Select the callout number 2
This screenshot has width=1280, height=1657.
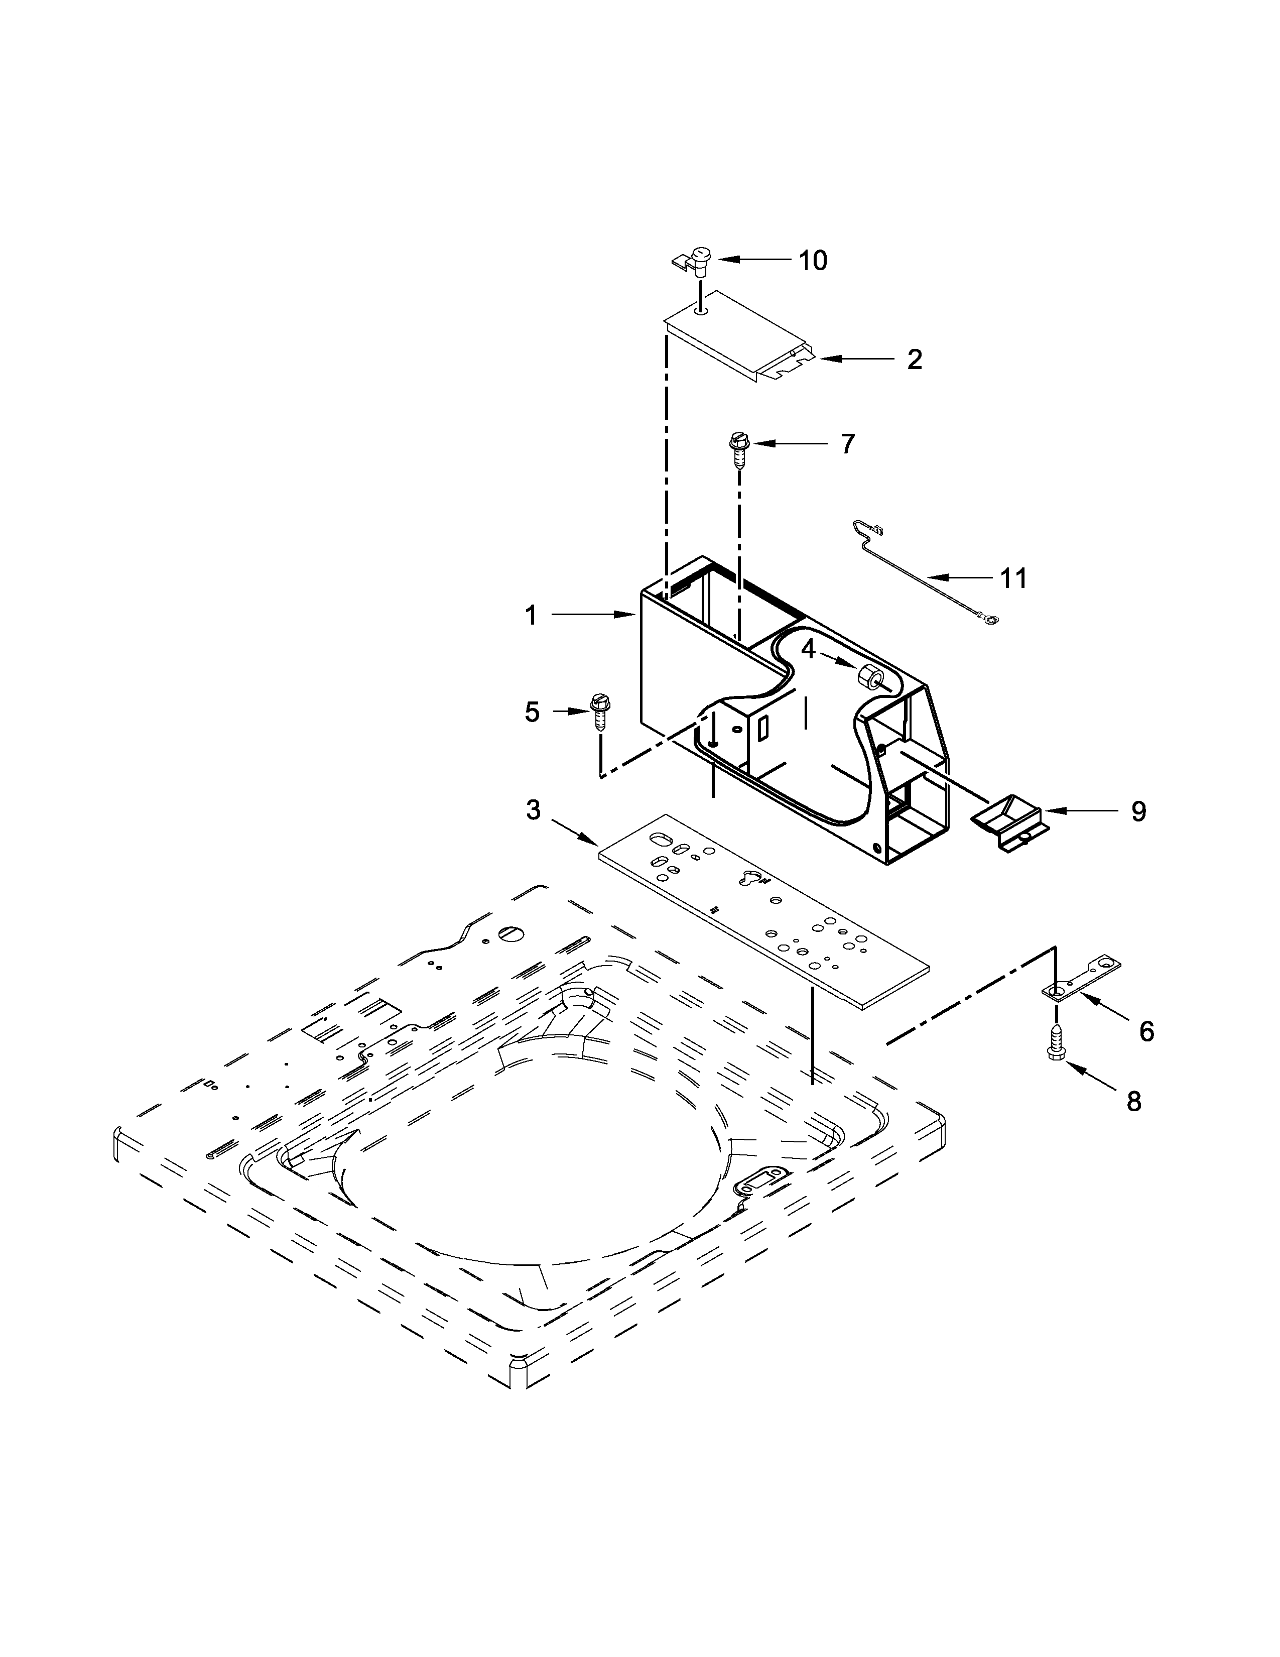point(915,359)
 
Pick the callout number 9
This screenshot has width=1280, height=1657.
point(1138,812)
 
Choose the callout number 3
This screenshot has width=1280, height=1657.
point(534,810)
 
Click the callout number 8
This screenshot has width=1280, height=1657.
point(1133,1101)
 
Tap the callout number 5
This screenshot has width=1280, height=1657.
point(532,712)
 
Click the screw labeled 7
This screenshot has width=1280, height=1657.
point(738,451)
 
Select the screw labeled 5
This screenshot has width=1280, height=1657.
point(600,712)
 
